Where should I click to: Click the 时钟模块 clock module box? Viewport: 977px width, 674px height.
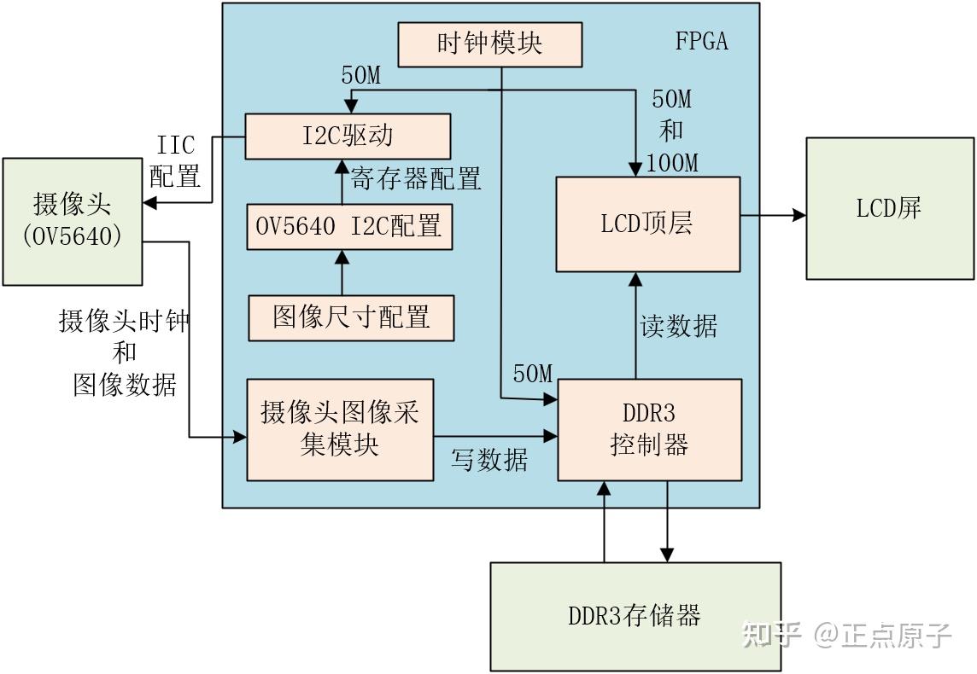click(489, 44)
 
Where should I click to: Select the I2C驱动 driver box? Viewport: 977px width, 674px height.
click(348, 137)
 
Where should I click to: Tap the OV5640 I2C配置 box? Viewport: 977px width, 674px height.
click(348, 226)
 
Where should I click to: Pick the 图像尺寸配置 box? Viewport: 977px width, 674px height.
click(350, 317)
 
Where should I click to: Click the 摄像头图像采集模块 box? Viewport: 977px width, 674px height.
click(339, 429)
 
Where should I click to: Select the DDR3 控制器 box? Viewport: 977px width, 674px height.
click(648, 429)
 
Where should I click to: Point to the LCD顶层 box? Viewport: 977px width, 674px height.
click(647, 224)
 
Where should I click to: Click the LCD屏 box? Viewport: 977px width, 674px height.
click(889, 208)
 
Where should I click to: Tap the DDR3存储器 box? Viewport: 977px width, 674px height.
click(635, 615)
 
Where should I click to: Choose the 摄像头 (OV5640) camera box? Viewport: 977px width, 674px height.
click(72, 221)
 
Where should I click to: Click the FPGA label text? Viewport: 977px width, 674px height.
click(702, 41)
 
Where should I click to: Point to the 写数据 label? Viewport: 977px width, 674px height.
click(489, 461)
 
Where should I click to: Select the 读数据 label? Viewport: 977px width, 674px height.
click(679, 326)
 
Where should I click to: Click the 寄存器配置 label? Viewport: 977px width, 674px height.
click(416, 178)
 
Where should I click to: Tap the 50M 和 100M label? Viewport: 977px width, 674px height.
click(672, 131)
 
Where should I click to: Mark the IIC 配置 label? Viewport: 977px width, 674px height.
click(175, 161)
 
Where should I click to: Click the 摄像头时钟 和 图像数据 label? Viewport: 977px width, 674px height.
click(124, 353)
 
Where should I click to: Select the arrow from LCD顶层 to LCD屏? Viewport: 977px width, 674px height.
click(773, 215)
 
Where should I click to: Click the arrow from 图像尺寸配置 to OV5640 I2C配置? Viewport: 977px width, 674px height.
click(342, 272)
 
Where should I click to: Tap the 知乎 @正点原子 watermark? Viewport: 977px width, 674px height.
click(845, 635)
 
